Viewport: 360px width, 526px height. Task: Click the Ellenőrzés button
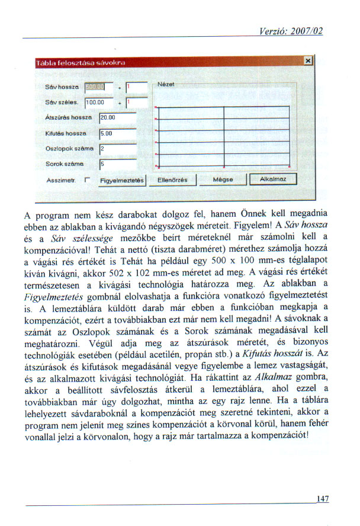click(x=172, y=179)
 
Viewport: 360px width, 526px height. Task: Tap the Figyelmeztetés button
click(x=123, y=179)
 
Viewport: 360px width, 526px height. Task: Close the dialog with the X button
click(x=307, y=61)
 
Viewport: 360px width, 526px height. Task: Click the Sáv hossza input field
click(x=95, y=87)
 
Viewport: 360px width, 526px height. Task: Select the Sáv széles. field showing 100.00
click(x=95, y=103)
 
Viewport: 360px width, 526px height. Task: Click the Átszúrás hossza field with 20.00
click(x=118, y=118)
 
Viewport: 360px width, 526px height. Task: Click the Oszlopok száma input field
click(x=118, y=148)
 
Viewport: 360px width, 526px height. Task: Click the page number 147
click(x=322, y=499)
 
